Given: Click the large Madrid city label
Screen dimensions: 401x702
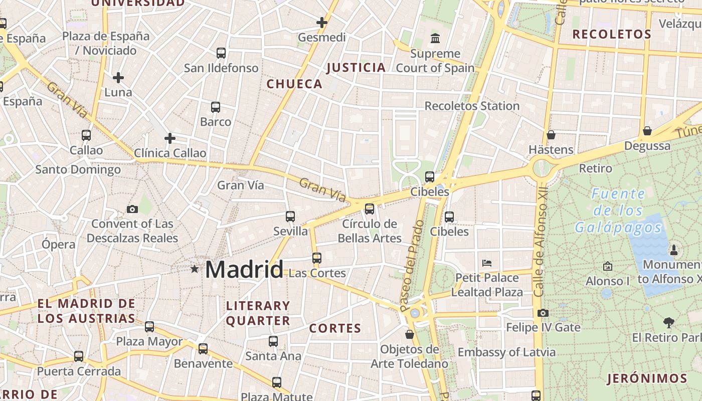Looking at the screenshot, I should tap(244, 270).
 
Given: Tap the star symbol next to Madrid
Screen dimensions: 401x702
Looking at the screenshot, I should tap(195, 269).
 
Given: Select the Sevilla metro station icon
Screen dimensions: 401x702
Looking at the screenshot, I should tap(290, 217).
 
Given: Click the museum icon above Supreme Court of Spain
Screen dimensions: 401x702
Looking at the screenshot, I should tap(435, 38).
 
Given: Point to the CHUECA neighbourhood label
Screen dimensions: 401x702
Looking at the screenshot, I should tap(294, 84).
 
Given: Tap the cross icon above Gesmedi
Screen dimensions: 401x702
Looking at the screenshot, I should tap(322, 23).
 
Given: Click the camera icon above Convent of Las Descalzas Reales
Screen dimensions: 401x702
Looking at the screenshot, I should tap(132, 209).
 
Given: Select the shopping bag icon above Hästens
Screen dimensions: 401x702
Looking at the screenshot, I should tap(551, 135).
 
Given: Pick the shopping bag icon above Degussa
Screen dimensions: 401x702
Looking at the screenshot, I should tap(647, 131).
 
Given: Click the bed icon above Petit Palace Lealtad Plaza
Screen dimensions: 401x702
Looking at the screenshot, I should tap(487, 263).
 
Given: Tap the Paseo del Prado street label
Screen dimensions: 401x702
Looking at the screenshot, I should tap(412, 266).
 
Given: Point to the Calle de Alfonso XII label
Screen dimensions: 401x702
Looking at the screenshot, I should tap(540, 242).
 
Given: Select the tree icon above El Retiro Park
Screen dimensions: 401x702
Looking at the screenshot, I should tap(668, 322).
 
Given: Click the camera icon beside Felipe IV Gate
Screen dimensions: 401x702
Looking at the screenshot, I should tap(543, 313).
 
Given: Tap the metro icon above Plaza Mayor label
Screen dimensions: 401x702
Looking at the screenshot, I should tap(149, 327).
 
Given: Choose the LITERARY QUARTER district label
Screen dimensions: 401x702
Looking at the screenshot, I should tap(258, 313).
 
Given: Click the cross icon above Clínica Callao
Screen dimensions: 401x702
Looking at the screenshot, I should tap(170, 138).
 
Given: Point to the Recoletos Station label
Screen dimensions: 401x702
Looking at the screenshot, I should tap(472, 106).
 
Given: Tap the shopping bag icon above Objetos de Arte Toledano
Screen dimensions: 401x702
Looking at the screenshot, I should tap(410, 334).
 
